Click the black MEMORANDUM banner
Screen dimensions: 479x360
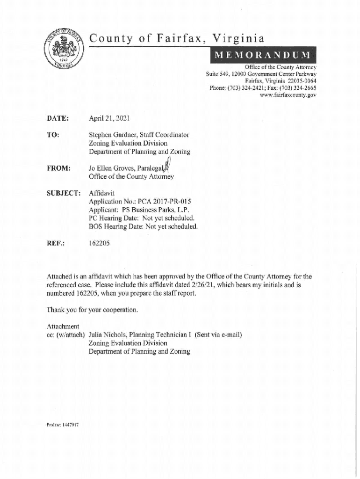coord(263,56)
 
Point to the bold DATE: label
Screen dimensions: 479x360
coord(58,119)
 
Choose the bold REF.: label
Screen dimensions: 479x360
coord(56,243)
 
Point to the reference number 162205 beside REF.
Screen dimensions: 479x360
coord(99,243)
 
